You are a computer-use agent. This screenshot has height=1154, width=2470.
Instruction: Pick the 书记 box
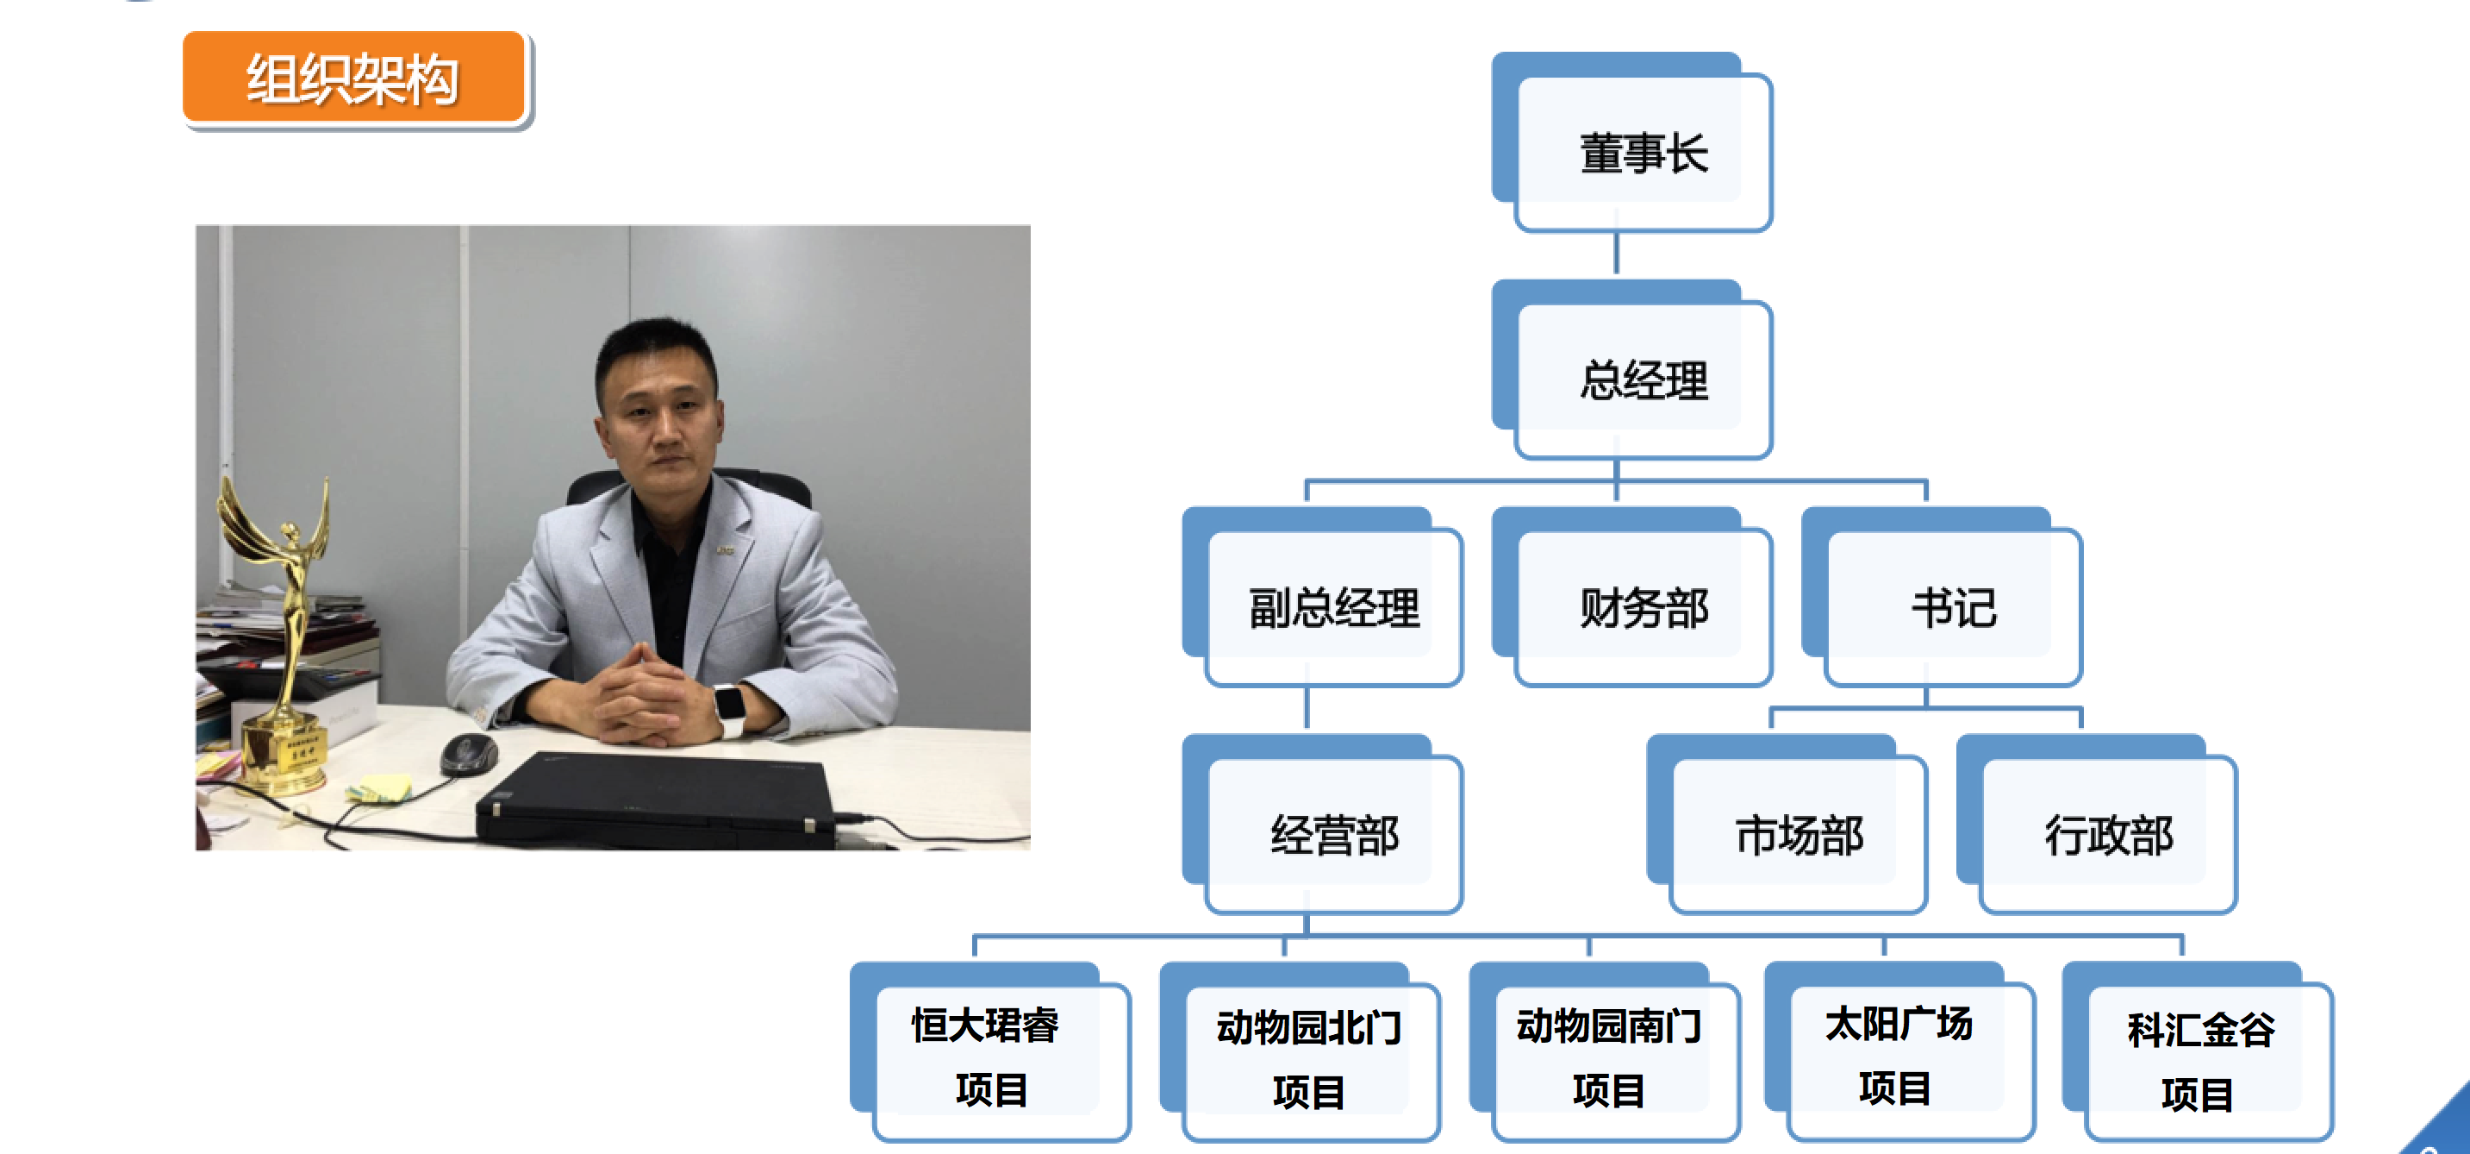coord(1952,608)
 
